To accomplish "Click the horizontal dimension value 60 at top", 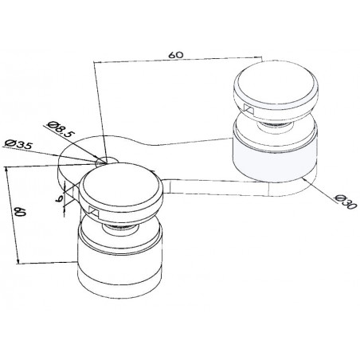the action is tap(176, 55).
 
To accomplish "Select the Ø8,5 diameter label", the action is tap(61, 130).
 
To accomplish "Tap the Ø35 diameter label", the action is tap(19, 145).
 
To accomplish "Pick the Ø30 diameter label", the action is tap(346, 202).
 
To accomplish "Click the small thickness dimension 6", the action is tap(60, 198).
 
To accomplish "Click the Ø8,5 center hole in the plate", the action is tap(107, 160).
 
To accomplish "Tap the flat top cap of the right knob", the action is tap(276, 83).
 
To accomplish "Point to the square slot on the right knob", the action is tap(248, 109).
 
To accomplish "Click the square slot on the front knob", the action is tap(94, 211).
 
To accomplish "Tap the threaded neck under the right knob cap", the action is tap(275, 124).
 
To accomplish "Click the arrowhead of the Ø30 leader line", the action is tap(306, 180).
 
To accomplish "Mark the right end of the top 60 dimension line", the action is tap(261, 57).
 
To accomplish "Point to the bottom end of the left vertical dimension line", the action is tap(18, 263).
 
